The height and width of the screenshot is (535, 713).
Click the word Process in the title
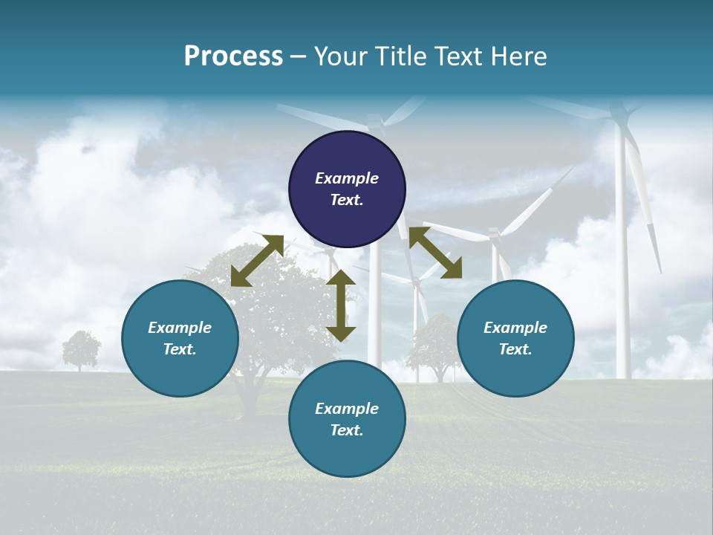point(233,56)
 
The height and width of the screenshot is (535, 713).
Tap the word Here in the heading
point(519,56)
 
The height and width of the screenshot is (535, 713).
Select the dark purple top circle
point(347,189)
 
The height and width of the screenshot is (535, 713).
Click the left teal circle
point(180,338)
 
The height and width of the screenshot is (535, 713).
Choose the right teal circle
point(515,338)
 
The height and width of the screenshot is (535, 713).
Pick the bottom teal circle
point(347,419)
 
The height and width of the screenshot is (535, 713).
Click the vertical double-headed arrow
point(341,305)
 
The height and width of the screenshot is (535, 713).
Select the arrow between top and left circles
point(257,260)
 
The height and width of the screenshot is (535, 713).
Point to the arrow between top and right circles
point(435,253)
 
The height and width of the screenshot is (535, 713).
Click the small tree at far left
point(80,349)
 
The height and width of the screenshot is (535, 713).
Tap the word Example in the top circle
point(347,178)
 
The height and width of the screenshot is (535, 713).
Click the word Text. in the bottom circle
point(347,430)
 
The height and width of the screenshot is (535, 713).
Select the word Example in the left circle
point(180,328)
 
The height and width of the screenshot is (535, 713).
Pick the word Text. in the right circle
point(515,349)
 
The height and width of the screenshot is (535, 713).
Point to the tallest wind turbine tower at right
point(622,260)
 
